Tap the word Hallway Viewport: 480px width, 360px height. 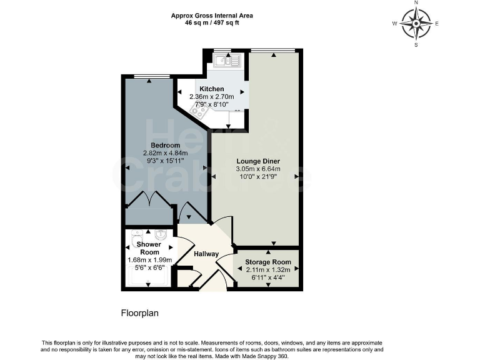(x=206, y=254)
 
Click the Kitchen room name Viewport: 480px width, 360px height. (x=212, y=89)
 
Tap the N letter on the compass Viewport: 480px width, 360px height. (x=416, y=3)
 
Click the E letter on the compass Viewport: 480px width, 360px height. (x=437, y=24)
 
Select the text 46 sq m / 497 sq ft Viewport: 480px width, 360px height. (x=212, y=22)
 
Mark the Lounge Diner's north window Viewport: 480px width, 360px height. (x=273, y=50)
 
